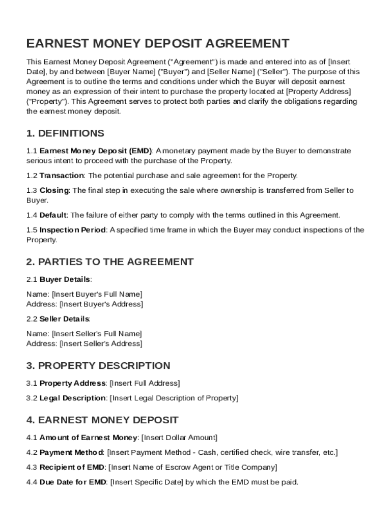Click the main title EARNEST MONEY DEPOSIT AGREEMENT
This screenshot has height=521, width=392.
158,43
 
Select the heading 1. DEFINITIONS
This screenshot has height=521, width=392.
65,133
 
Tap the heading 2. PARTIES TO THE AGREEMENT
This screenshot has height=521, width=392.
110,262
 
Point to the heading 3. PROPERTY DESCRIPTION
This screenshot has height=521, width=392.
98,366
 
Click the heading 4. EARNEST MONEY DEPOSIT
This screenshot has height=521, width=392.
102,420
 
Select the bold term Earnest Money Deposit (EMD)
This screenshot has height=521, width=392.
96,151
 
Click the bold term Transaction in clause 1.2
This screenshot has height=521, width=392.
62,176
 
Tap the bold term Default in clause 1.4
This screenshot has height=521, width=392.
53,215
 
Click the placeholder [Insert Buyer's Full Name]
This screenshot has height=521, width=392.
97,294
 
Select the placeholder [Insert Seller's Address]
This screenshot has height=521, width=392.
101,343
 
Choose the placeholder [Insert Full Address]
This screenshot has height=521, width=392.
145,383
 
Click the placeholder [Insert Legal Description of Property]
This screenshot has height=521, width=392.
174,398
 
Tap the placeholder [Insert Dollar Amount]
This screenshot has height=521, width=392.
179,438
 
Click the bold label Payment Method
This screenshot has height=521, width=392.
71,452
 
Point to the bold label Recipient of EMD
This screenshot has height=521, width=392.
72,467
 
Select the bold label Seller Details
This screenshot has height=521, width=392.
65,319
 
